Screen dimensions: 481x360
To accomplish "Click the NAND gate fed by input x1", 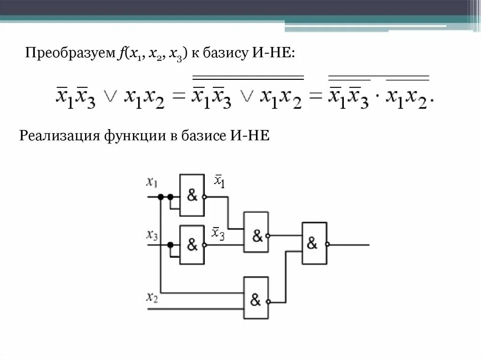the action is pyautogui.click(x=192, y=195).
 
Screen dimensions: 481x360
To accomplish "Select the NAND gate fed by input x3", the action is pyautogui.click(x=192, y=244).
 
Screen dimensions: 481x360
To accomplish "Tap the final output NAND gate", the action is pyautogui.click(x=314, y=243).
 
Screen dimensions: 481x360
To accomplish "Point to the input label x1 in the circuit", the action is pyautogui.click(x=152, y=182).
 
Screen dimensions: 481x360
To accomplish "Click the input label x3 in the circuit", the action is pyautogui.click(x=152, y=234).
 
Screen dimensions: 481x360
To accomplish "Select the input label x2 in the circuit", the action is pyautogui.click(x=152, y=297).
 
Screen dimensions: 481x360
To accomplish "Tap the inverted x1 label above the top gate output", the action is pyautogui.click(x=219, y=181).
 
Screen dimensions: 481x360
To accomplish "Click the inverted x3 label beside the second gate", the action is pyautogui.click(x=218, y=233).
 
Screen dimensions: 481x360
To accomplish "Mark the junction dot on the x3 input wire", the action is pyautogui.click(x=170, y=245).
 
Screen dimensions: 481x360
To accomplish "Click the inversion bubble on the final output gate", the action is pyautogui.click(x=327, y=245).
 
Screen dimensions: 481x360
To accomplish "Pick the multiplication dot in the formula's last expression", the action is pyautogui.click(x=377, y=99).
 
